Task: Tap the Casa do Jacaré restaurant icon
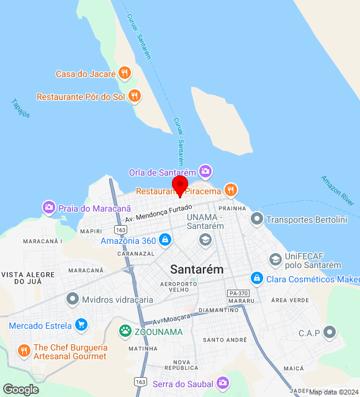click(x=125, y=73)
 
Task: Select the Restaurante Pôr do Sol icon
click(x=134, y=96)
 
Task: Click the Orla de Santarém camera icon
click(x=205, y=171)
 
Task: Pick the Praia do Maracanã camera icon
click(x=48, y=207)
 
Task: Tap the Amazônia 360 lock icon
click(x=164, y=239)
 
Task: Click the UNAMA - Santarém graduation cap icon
click(x=205, y=240)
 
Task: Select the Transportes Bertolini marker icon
click(x=257, y=219)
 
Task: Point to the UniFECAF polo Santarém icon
click(x=276, y=260)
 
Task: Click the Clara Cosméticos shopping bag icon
click(x=256, y=279)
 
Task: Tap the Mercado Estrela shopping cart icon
click(x=81, y=324)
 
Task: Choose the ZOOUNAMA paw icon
click(x=126, y=331)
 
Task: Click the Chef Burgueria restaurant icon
click(x=24, y=351)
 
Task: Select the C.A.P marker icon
click(x=330, y=333)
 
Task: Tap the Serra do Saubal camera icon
click(x=223, y=383)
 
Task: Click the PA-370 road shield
click(x=238, y=293)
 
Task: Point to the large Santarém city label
click(x=197, y=269)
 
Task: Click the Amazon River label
click(x=338, y=190)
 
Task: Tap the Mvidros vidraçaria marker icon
click(x=73, y=300)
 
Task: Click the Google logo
click(x=20, y=389)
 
